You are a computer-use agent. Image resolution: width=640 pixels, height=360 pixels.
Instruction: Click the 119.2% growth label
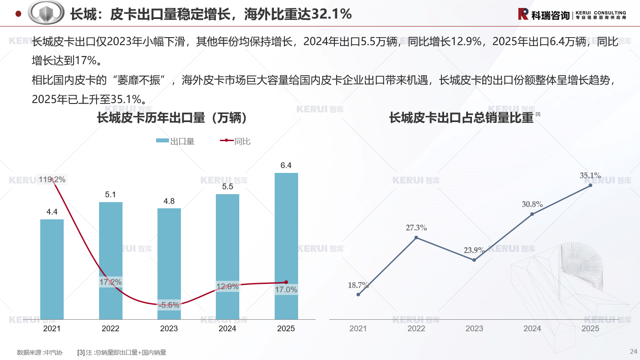(x=52, y=180)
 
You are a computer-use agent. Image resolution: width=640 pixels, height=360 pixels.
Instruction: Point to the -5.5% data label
(x=169, y=305)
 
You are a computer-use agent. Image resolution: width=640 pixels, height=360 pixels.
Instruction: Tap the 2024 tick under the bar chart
(x=227, y=329)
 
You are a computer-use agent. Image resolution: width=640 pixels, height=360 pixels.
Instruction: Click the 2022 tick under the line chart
(x=416, y=329)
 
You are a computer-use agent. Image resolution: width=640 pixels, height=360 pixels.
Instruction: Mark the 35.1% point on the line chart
(x=590, y=185)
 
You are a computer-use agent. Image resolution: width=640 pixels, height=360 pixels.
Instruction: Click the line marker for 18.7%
(x=358, y=295)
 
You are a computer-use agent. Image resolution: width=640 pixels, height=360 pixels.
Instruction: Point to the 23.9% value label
(x=474, y=250)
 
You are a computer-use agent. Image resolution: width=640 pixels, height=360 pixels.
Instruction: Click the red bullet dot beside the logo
(x=19, y=14)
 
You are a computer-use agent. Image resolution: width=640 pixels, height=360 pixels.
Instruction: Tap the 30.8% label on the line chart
(x=532, y=204)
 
